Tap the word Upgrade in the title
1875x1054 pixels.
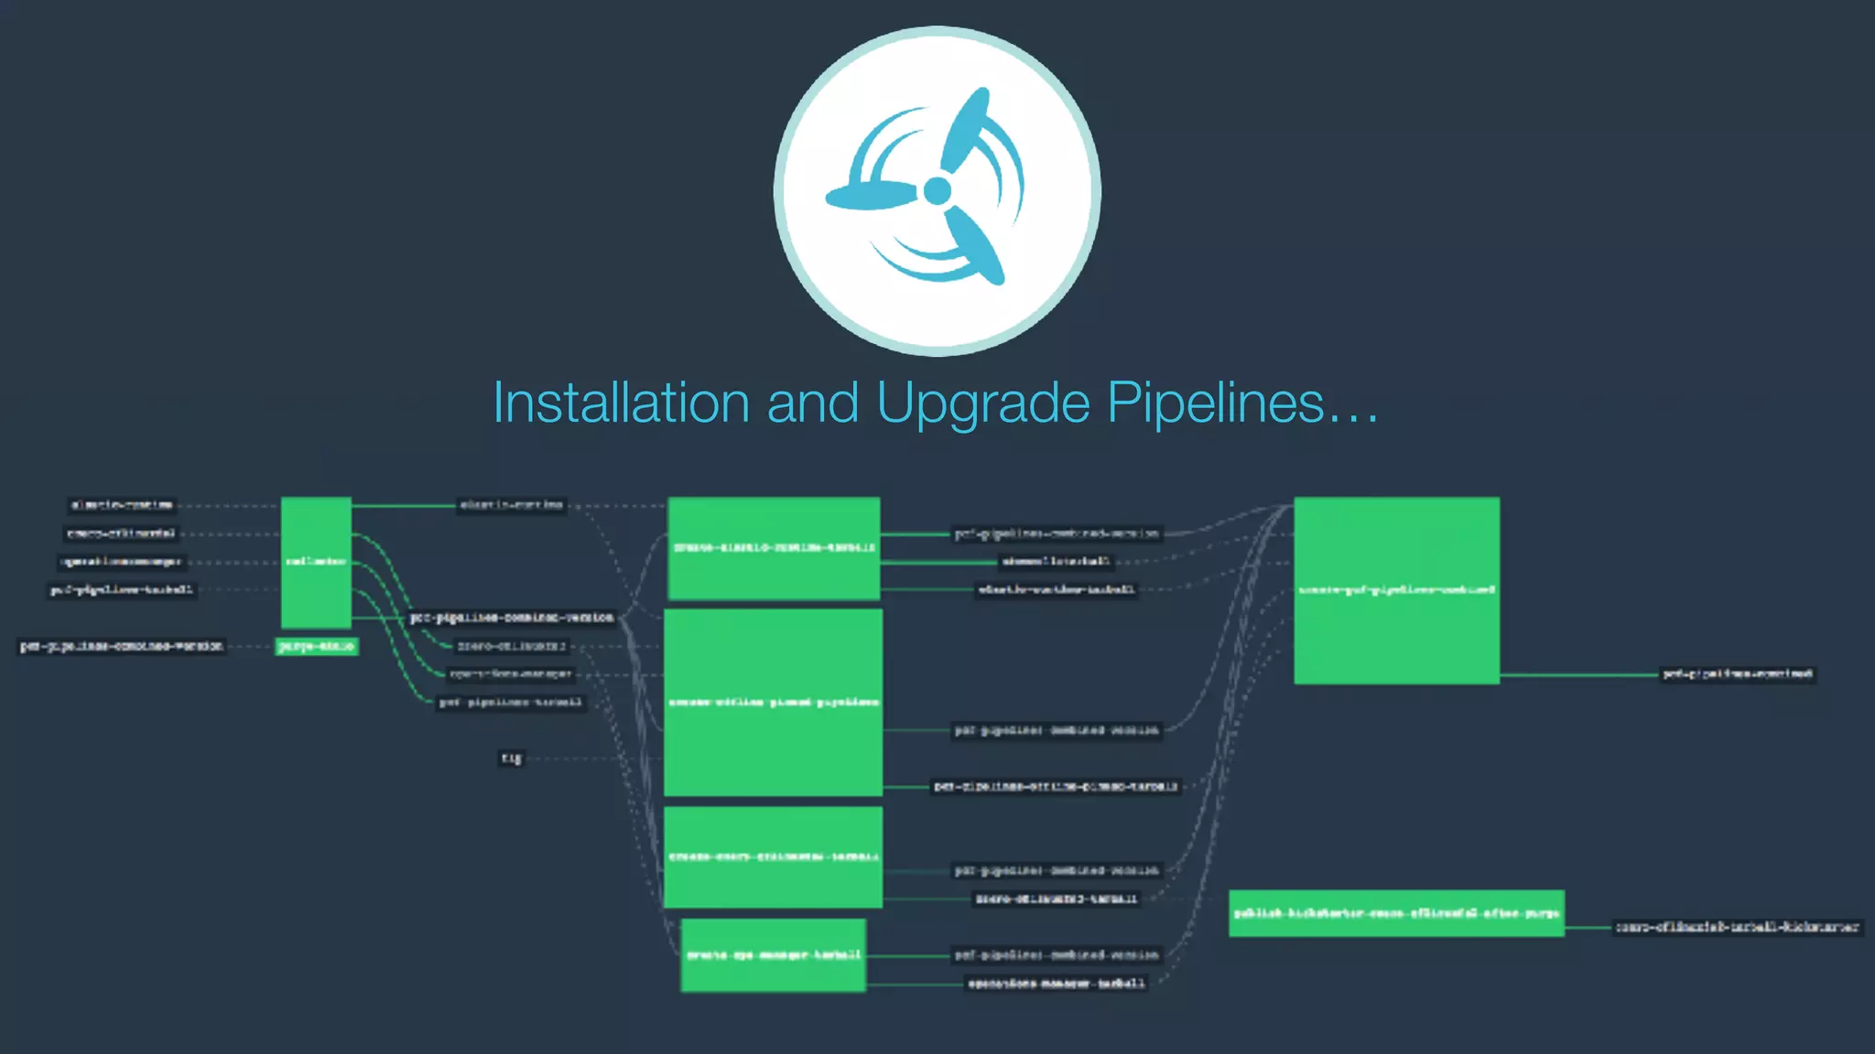(x=983, y=404)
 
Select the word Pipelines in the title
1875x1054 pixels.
(x=1216, y=403)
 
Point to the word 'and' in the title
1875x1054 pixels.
(x=812, y=403)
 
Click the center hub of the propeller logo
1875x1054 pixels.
(x=937, y=191)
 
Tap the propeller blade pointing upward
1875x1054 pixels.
(x=967, y=128)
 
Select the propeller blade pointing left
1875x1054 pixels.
(x=870, y=195)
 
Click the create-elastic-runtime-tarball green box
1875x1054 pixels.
(x=774, y=548)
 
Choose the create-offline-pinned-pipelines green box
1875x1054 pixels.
(x=774, y=702)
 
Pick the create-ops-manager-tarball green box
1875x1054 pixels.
(x=774, y=955)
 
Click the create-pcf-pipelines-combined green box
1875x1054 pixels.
(x=1396, y=590)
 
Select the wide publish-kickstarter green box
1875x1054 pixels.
(x=1396, y=913)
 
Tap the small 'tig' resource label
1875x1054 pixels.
(x=511, y=758)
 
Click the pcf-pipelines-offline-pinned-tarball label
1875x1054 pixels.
(x=1056, y=787)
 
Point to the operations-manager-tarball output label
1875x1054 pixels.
(x=1057, y=984)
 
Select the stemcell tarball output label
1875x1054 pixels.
(x=1056, y=561)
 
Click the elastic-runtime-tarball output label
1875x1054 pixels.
(x=1056, y=589)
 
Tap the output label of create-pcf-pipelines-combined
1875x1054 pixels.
(x=1737, y=674)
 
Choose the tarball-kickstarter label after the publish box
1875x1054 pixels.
(x=1737, y=927)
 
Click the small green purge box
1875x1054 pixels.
(x=316, y=646)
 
